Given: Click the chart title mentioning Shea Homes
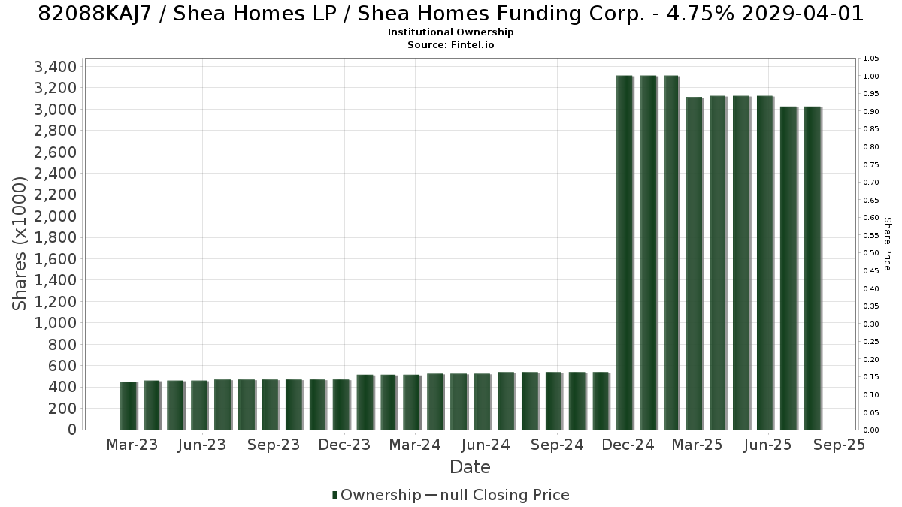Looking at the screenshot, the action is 450,14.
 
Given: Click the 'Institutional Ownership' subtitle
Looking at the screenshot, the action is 450,32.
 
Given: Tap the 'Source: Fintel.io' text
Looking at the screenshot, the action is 450,44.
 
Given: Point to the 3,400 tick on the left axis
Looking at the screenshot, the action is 55,66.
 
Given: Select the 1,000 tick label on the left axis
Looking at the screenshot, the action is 55,323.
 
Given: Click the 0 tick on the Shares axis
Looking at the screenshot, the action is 72,430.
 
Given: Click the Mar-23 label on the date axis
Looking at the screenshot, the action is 132,445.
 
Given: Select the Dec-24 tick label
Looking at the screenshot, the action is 628,445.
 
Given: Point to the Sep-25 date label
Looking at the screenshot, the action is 839,445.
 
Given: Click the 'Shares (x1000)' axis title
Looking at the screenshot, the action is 20,244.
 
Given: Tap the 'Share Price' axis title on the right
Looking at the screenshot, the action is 887,244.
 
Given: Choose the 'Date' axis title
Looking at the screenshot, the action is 470,467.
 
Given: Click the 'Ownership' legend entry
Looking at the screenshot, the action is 377,495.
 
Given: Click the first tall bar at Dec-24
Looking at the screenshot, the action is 625,252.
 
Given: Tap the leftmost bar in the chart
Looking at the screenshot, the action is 129,406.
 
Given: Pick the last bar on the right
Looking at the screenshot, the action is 813,268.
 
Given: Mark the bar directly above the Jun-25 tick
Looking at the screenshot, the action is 765,263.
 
